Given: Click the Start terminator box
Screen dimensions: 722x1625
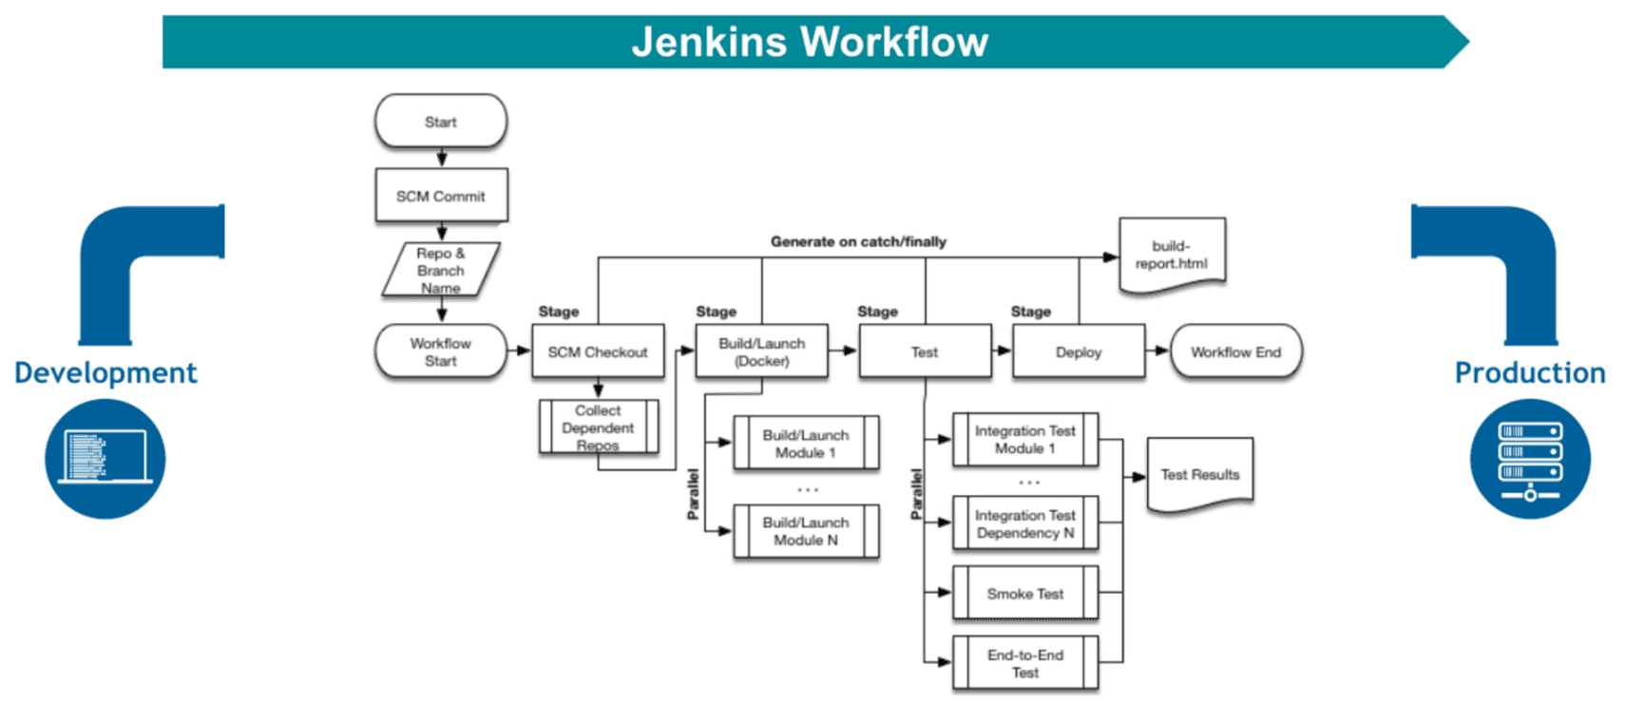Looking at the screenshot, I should click(440, 122).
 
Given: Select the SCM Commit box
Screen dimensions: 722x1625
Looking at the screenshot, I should click(441, 196).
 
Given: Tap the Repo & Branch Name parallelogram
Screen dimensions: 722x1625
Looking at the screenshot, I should click(441, 270).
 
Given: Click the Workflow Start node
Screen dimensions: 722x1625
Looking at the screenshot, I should click(440, 351).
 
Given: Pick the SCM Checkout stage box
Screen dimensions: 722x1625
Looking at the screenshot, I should click(598, 351).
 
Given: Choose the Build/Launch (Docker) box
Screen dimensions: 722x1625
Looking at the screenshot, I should click(761, 351).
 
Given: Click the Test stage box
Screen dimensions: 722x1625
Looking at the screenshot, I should click(924, 351).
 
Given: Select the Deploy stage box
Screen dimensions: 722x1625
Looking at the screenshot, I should click(1078, 351).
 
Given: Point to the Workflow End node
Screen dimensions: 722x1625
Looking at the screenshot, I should click(1235, 351).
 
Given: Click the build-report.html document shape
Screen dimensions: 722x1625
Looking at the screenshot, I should click(1172, 255).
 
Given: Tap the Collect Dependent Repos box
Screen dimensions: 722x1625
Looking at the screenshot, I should click(598, 427).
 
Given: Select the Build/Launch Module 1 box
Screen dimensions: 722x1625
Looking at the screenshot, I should click(806, 443).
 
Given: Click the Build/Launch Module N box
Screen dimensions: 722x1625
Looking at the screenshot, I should click(806, 531).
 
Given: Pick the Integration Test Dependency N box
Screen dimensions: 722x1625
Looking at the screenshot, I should click(1025, 523).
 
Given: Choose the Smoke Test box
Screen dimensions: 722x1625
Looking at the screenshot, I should click(1025, 594).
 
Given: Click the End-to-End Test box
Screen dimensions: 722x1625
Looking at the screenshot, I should click(1025, 663).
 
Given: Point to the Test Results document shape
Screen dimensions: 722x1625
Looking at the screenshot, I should click(1199, 474).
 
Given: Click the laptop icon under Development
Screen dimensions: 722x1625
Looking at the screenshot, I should click(105, 459).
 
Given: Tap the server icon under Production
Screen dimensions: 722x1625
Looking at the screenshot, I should click(1529, 459).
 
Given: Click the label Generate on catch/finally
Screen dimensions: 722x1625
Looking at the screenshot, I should click(858, 241).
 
